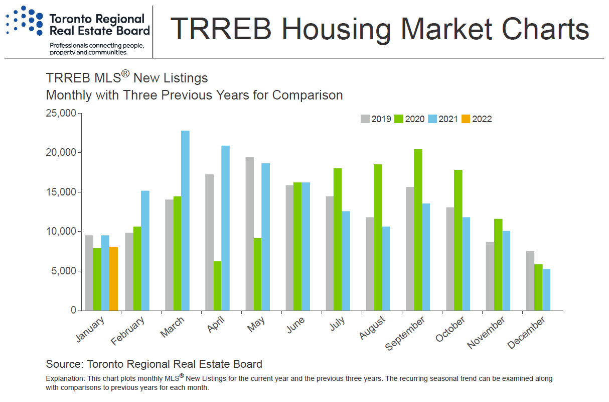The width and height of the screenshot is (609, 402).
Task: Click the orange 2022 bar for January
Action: pos(113,278)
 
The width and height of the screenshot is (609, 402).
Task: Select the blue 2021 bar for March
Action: pos(185,221)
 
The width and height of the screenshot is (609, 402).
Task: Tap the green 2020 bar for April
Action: pos(217,285)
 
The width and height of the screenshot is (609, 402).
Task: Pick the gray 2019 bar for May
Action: pos(249,234)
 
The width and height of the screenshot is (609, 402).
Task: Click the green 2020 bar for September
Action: pos(418,230)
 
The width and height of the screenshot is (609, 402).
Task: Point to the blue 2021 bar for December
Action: pos(546,289)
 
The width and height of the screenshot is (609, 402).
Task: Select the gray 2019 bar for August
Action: pos(370,264)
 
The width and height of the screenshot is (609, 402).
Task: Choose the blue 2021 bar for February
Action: pos(145,250)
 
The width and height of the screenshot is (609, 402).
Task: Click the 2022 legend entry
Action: pos(477,119)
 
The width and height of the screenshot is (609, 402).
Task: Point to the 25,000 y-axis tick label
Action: pos(61,113)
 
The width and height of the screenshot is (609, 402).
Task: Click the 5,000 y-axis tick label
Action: pos(64,271)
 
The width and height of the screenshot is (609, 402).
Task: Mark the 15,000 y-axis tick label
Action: pos(61,192)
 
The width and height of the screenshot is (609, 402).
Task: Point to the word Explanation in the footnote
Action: pos(65,378)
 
